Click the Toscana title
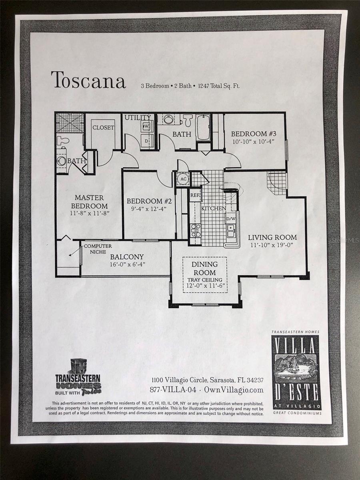(88, 80)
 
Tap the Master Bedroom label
(89, 201)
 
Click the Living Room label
(272, 237)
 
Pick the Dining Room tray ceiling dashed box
(205, 275)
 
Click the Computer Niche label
(98, 249)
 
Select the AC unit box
(182, 179)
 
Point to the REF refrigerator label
(195, 195)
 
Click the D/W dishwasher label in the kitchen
(231, 219)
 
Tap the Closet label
(103, 128)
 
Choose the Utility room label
(137, 118)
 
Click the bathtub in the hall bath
(203, 128)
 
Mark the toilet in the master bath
(63, 140)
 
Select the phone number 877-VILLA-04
(174, 390)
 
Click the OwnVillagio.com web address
(234, 390)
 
